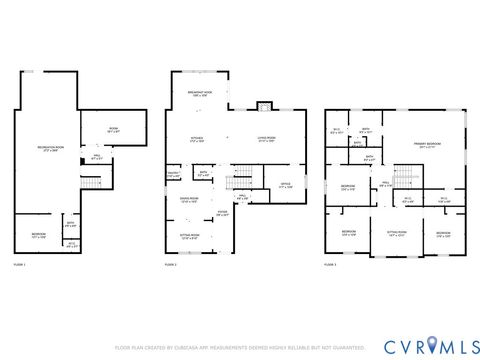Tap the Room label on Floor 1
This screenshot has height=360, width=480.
click(112, 130)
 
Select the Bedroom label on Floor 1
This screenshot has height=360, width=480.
click(39, 236)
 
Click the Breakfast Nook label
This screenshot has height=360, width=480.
click(199, 94)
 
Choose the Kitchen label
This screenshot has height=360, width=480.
click(198, 140)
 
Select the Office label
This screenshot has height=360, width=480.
click(285, 185)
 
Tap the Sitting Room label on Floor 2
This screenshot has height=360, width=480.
click(188, 237)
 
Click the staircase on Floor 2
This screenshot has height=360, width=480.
click(238, 180)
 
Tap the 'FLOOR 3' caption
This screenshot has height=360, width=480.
click(331, 264)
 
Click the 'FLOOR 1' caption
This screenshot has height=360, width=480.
click(20, 264)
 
